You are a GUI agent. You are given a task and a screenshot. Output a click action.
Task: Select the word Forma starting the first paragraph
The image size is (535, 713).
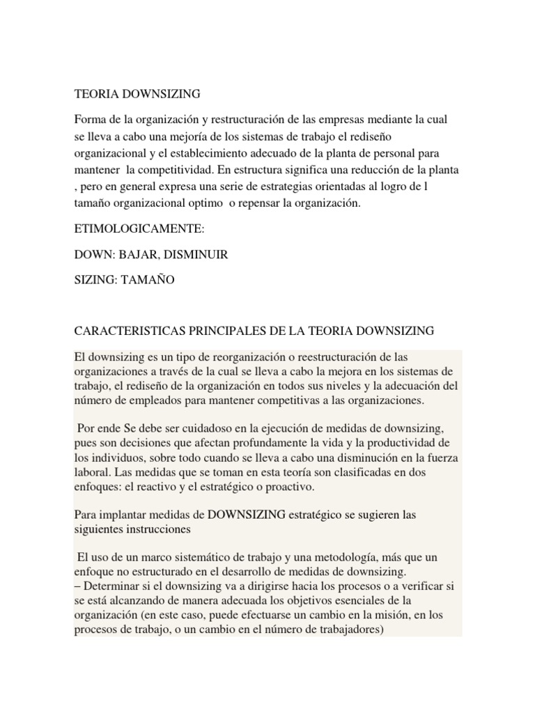(91, 120)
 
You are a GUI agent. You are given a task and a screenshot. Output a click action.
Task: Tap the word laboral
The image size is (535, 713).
(93, 472)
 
